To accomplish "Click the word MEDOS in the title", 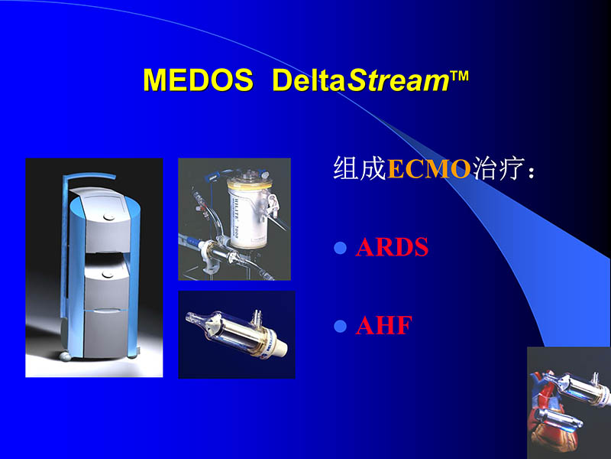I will (x=198, y=80).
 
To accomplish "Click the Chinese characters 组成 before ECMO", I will (x=360, y=169).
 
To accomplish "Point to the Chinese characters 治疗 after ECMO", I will (x=496, y=169).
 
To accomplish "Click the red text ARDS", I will (x=392, y=249).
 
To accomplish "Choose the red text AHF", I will (x=383, y=327).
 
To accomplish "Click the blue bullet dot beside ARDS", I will (x=341, y=249).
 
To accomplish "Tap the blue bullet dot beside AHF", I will (x=341, y=327).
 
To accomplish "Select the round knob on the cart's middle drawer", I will (x=108, y=272).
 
